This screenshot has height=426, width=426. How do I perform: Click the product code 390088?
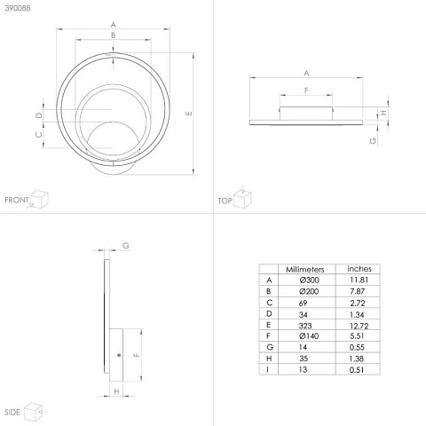(x=18, y=8)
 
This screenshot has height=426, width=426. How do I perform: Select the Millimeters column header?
(x=305, y=270)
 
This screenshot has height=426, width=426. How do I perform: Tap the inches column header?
(x=359, y=269)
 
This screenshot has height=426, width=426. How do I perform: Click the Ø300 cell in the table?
(x=309, y=280)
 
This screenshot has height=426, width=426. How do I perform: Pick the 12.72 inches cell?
(x=359, y=326)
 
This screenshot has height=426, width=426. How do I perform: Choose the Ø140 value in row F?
(x=309, y=336)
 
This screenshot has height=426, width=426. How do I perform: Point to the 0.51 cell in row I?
(x=357, y=370)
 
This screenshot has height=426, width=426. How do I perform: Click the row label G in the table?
(x=269, y=347)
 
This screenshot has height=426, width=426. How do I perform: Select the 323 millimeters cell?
(x=305, y=326)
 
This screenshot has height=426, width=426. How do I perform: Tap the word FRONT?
(x=17, y=200)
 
